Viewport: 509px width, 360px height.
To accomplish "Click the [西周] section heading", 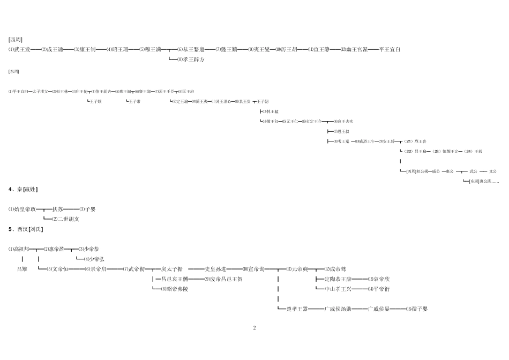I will (x=15, y=39).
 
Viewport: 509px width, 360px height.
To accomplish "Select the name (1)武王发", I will (x=19, y=49).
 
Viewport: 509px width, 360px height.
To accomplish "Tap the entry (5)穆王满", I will (x=150, y=49).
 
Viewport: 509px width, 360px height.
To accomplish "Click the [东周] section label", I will (x=14, y=71).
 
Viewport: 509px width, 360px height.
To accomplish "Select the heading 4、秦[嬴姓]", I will (x=23, y=189).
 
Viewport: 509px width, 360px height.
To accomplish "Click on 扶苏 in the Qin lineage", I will (x=57, y=209).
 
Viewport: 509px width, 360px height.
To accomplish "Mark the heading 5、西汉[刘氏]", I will (x=26, y=229).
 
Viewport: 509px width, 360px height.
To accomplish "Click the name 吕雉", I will (x=22, y=269).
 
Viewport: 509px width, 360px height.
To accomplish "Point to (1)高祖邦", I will (x=19, y=249).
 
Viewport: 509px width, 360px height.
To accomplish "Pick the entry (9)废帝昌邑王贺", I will (x=223, y=279).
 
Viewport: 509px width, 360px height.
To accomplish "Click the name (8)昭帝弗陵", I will (x=171, y=289).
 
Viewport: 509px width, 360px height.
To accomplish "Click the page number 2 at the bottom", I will (x=254, y=327).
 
